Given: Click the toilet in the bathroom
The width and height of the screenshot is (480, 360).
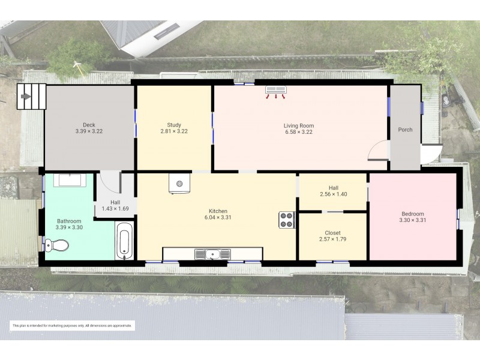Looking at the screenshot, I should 56,245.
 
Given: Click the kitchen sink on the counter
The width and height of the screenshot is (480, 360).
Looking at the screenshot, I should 213,254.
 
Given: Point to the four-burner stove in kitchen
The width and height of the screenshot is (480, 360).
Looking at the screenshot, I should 286,220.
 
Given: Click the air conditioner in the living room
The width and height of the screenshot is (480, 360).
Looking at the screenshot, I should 276,91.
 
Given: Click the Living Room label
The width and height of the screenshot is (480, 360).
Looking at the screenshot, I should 298,125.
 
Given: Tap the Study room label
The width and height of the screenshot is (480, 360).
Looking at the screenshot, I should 174,125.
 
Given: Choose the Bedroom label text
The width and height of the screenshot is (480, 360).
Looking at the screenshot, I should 412,214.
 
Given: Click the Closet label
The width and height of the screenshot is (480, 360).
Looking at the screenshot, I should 332,233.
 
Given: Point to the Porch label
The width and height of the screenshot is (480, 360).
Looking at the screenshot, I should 405,130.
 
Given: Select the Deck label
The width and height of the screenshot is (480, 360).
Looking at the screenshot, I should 89,125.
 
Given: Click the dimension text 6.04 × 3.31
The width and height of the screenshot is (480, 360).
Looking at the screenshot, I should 217,217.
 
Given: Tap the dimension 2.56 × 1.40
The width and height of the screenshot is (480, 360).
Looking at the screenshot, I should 334,194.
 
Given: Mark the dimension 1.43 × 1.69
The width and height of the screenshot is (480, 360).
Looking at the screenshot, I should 115,208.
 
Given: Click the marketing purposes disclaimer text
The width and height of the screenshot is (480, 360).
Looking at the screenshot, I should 72,325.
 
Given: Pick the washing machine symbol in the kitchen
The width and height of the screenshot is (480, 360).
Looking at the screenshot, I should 179,184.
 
